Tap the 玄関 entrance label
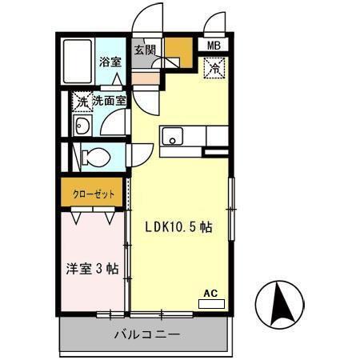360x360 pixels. pos(145,50)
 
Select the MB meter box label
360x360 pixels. pos(214,46)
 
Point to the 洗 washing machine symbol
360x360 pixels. pos(80,102)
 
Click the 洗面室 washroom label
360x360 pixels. pos(109,102)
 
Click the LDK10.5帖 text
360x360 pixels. pos(178,227)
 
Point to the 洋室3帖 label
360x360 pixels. pos(91,270)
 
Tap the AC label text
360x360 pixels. pos(211,294)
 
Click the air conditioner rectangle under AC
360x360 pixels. pos(211,304)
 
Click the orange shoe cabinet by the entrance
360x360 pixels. pos(178,54)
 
